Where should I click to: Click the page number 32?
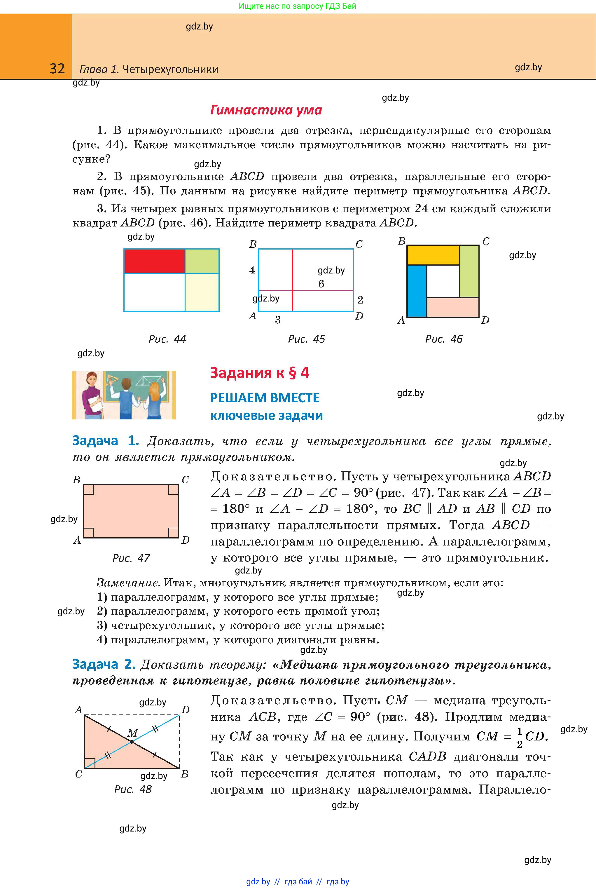57,69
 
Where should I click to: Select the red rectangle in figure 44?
154,261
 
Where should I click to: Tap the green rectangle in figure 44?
202,261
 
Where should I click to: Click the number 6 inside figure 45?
321,284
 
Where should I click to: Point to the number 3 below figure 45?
278,320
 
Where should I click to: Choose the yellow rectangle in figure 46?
433,255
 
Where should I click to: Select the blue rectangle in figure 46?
417,291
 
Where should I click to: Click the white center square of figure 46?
443,281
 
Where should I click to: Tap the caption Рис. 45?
306,339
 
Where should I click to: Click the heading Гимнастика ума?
266,110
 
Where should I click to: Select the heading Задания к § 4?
260,373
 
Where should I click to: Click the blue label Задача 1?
105,441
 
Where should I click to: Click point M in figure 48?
132,742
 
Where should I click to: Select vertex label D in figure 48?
186,710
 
